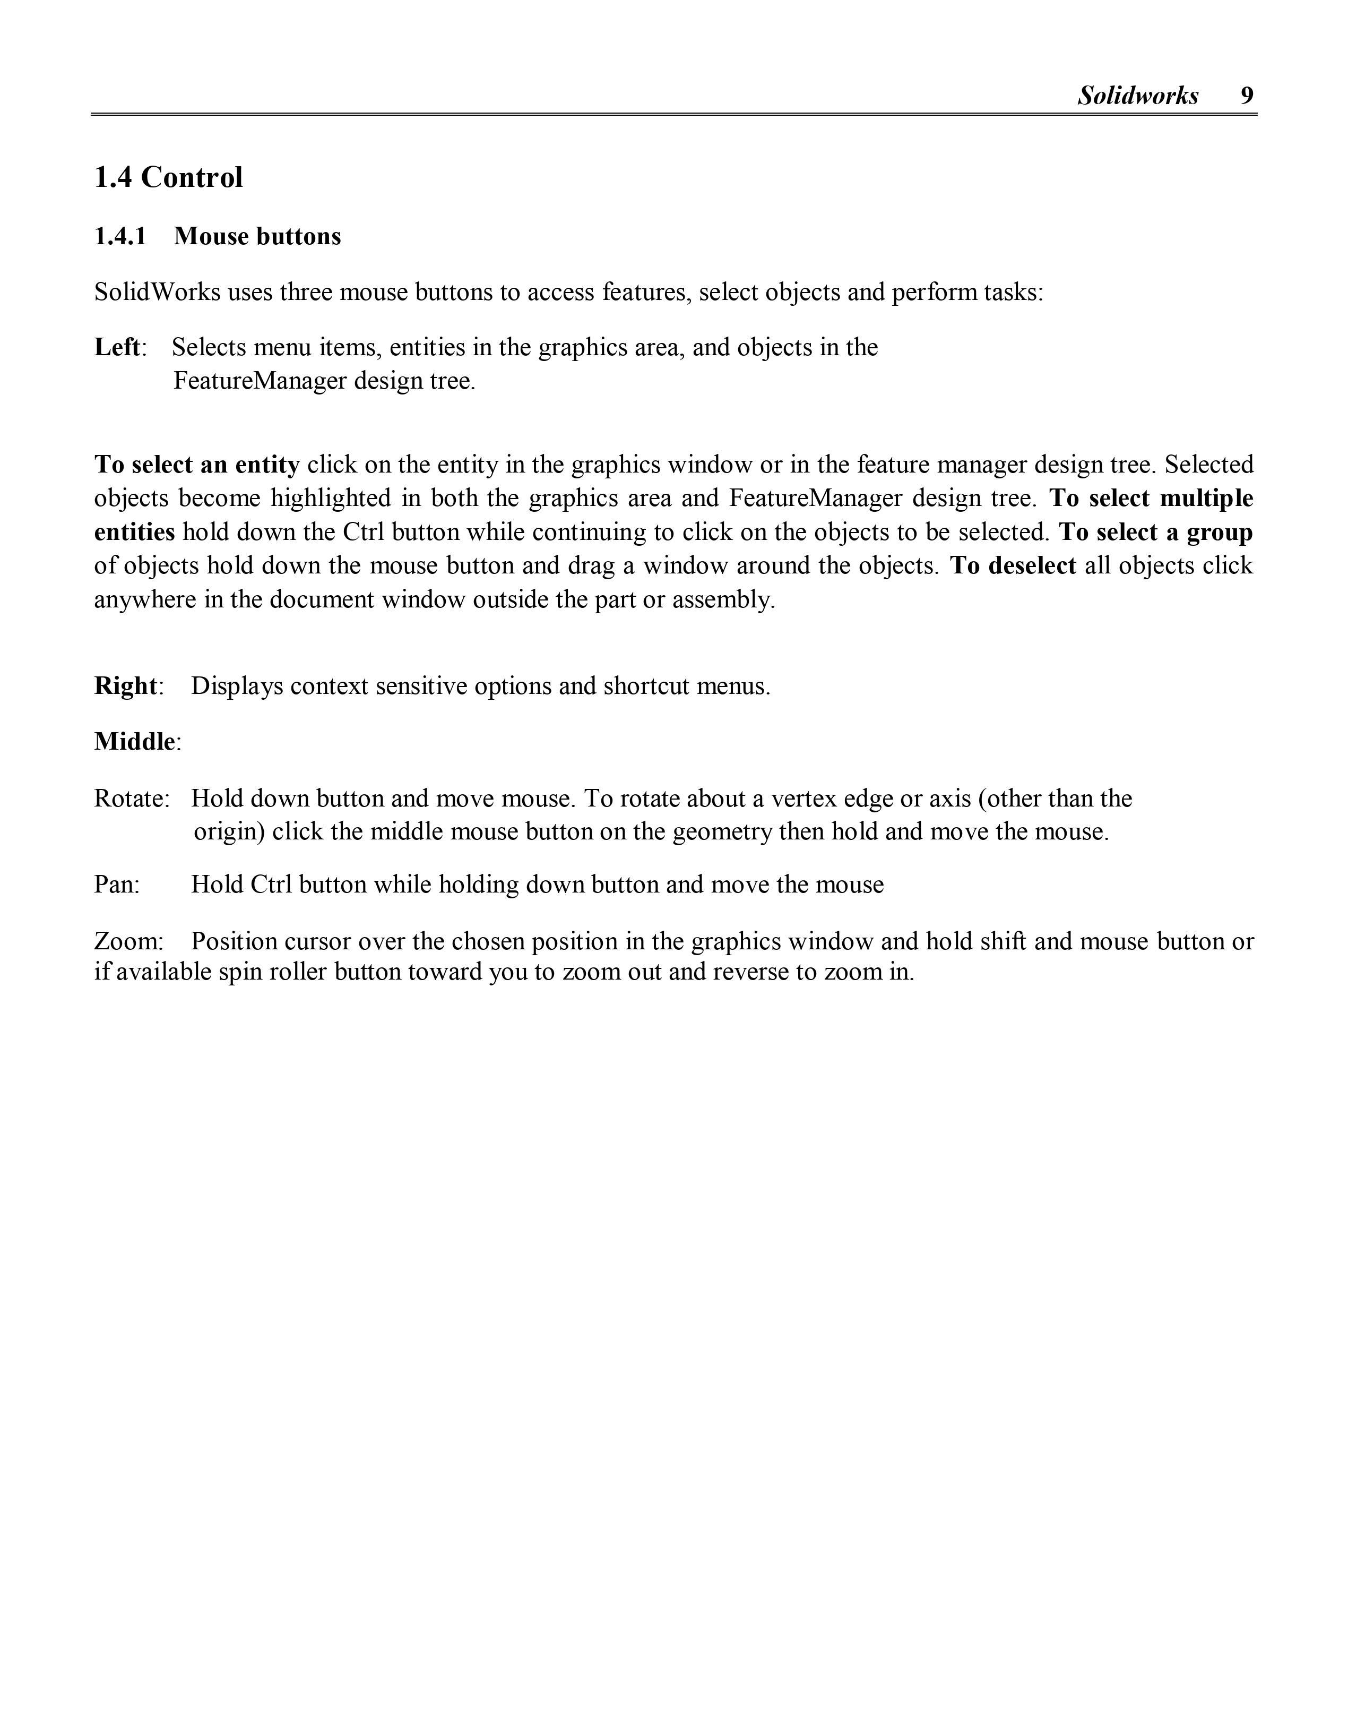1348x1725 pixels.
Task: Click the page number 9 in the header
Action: (1246, 96)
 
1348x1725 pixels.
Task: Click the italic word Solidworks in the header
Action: (1138, 96)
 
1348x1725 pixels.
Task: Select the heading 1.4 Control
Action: (168, 178)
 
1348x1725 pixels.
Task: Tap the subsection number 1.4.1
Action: (120, 236)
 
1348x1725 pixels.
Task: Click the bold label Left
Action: (117, 348)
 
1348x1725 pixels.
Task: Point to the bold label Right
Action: (126, 685)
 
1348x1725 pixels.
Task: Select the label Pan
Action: (115, 885)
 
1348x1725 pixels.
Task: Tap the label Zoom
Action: (126, 941)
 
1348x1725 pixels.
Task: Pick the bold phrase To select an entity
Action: (197, 465)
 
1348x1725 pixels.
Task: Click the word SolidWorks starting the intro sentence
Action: (157, 292)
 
